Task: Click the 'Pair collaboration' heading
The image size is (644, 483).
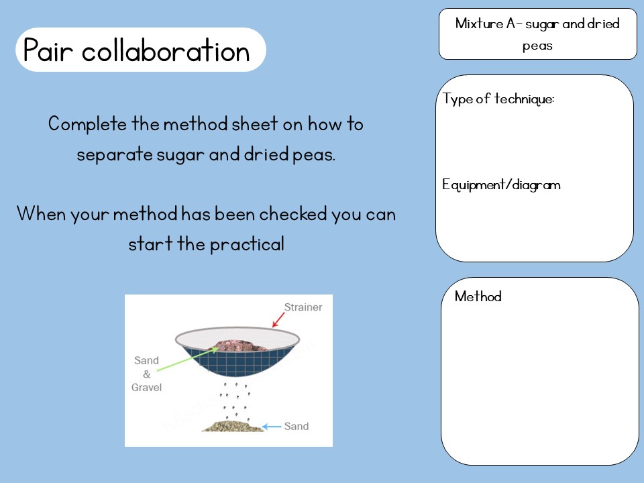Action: tap(137, 50)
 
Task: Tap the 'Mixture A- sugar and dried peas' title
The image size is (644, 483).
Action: tap(537, 34)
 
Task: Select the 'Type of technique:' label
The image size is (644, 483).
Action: tap(498, 99)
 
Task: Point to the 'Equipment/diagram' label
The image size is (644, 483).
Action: tap(501, 185)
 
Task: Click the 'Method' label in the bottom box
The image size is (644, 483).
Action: tap(478, 297)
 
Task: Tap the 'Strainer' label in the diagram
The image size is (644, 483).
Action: tap(303, 308)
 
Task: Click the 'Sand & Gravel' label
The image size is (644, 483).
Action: tap(147, 374)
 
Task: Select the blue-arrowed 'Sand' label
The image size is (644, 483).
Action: tap(297, 426)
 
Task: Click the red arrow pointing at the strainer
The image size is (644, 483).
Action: tap(277, 319)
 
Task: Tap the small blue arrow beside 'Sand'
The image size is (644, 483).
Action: tap(272, 426)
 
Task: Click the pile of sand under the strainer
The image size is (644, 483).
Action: tap(232, 425)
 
